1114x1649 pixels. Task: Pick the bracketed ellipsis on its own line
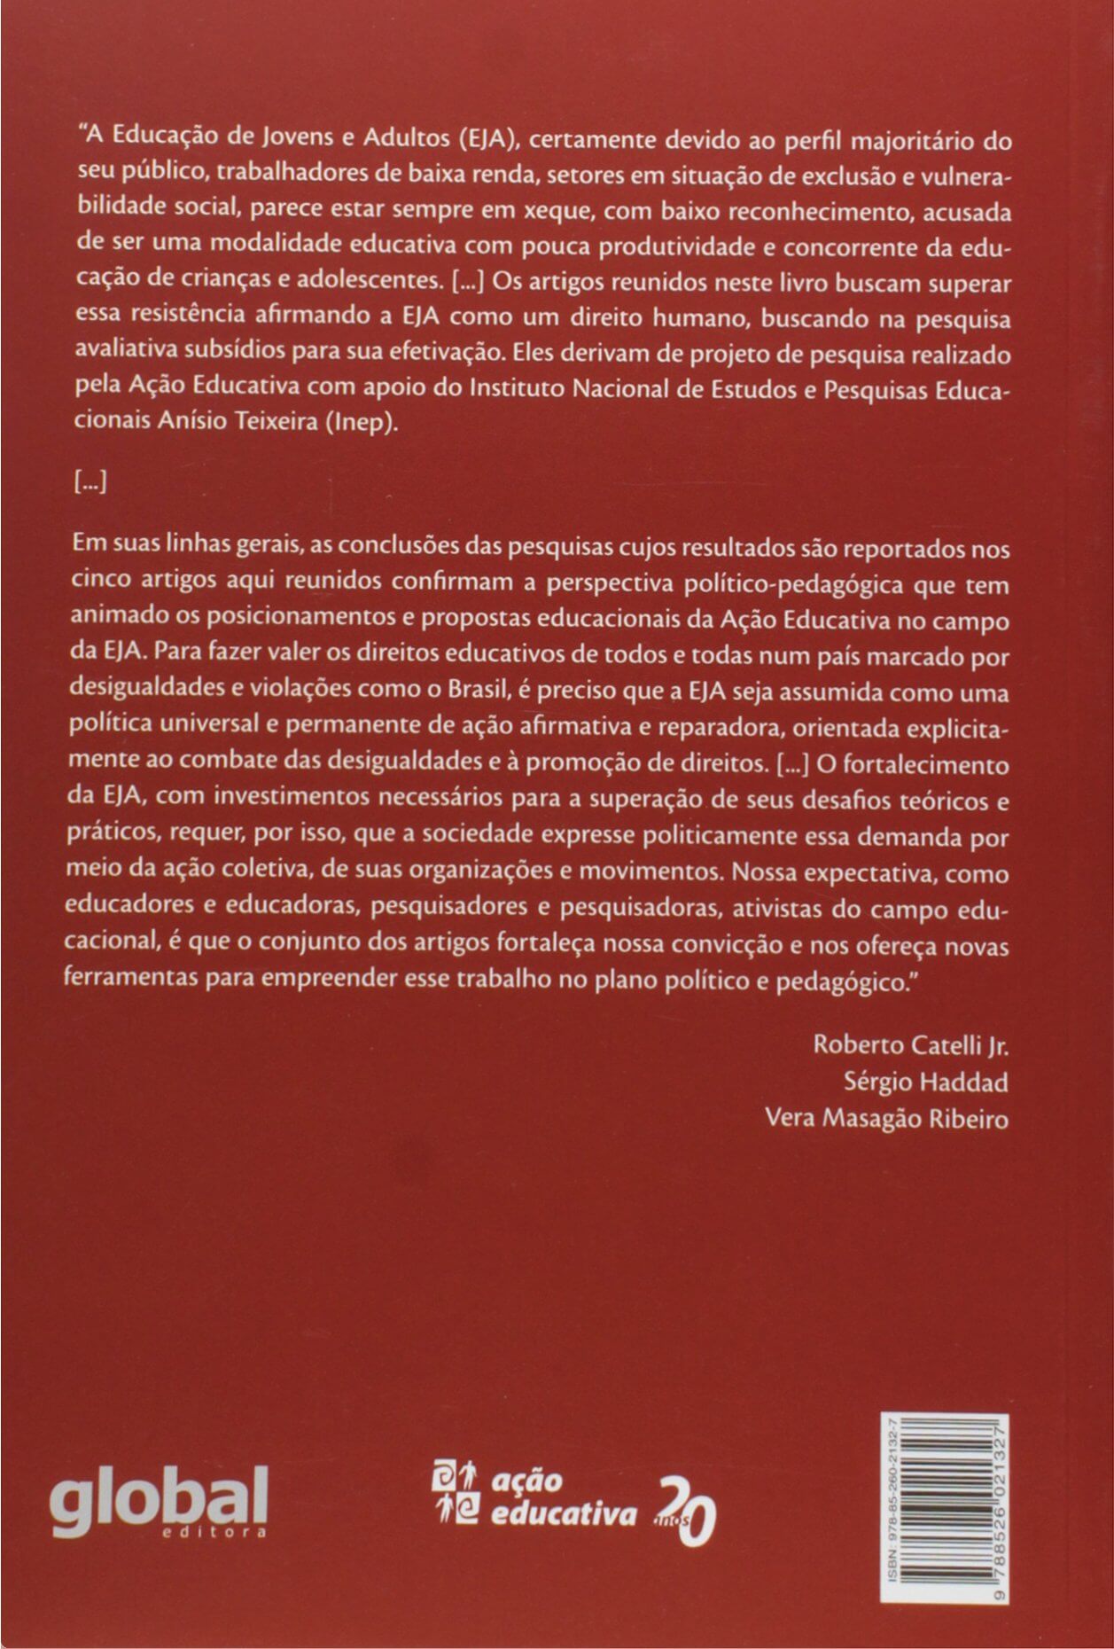[x=89, y=483]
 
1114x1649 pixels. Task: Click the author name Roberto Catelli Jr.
[x=911, y=1045]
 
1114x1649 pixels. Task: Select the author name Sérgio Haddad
[x=926, y=1082]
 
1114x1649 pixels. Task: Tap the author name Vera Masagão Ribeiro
[x=886, y=1119]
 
